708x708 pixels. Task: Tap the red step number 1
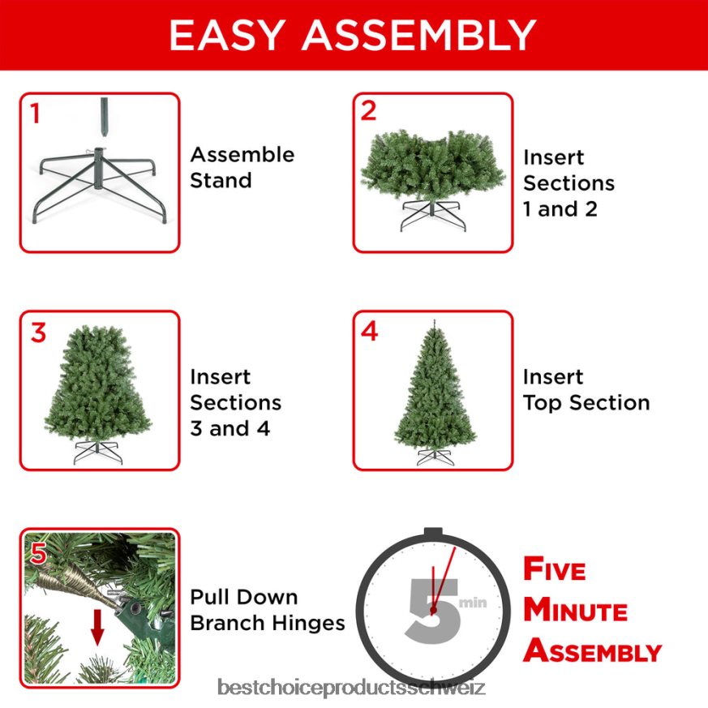34,114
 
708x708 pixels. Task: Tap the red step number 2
368,112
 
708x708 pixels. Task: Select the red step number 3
38,333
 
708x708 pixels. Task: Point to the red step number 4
369,332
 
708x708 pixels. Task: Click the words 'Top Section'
586,402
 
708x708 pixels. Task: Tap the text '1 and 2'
560,209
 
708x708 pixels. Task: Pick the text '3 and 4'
230,428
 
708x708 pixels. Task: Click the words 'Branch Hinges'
268,623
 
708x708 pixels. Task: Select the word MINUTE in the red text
575,610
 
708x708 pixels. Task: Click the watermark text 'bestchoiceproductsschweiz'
353,689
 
